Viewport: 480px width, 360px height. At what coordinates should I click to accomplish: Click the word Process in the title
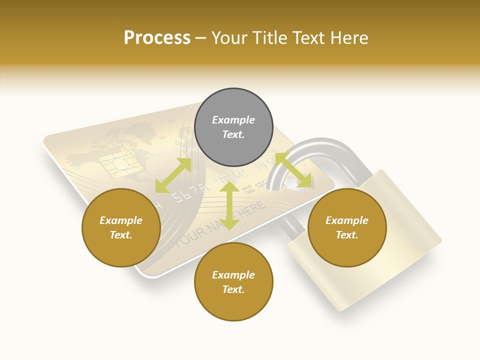(x=157, y=38)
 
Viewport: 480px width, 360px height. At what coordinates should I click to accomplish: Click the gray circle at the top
(x=233, y=127)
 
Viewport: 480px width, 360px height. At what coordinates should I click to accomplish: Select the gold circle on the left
(x=121, y=227)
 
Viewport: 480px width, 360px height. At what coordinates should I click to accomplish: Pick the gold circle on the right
(x=347, y=227)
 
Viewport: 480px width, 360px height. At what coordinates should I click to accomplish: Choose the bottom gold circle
(x=233, y=282)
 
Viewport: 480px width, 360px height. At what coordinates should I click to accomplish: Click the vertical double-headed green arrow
(x=229, y=205)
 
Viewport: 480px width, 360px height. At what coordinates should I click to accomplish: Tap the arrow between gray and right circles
(x=293, y=170)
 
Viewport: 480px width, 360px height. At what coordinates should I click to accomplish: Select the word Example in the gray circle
(x=233, y=120)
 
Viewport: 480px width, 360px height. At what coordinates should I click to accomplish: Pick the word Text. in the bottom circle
(x=233, y=289)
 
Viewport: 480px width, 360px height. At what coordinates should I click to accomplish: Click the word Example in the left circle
(x=121, y=220)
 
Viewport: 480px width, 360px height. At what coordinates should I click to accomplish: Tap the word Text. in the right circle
(x=347, y=235)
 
